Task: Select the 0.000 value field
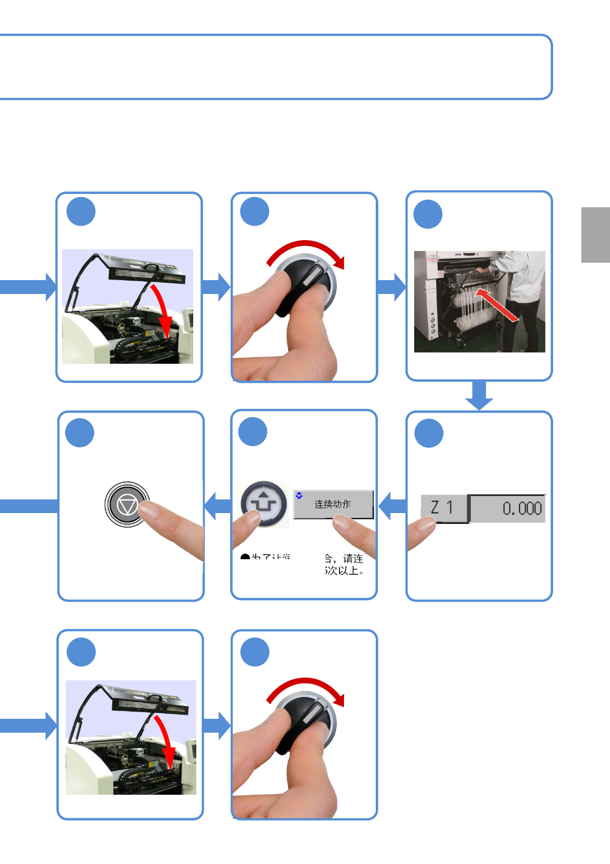point(507,508)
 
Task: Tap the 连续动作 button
point(333,504)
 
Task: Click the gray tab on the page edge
point(596,235)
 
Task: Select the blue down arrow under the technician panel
point(479,396)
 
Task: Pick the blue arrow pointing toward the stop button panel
point(218,506)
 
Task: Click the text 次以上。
point(344,571)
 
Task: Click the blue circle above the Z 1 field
point(429,434)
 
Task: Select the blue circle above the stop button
point(80,433)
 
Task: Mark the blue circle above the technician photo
point(428,214)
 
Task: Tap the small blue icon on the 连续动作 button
point(299,496)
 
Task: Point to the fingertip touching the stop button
point(149,510)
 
